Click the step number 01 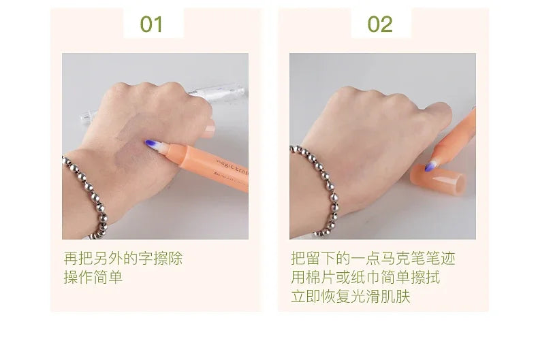(x=151, y=24)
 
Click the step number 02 (x=380, y=24)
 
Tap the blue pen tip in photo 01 (x=151, y=144)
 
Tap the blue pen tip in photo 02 (x=431, y=165)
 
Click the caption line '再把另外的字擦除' (x=123, y=259)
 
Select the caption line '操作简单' (x=93, y=278)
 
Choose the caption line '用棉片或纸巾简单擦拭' (x=365, y=278)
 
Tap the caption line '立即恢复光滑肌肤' (x=350, y=297)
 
